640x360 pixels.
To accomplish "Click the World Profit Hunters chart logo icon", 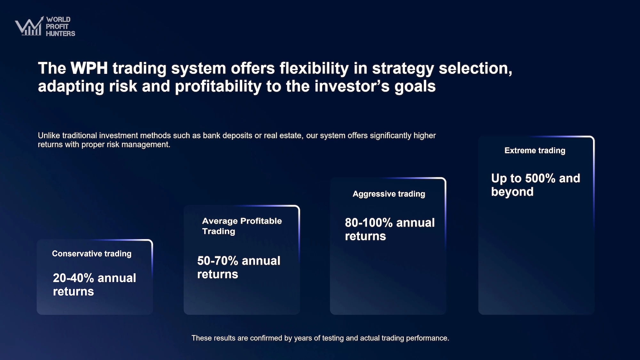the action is click(29, 26).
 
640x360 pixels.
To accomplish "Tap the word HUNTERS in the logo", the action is click(60, 34).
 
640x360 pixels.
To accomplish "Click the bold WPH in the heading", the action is click(89, 68).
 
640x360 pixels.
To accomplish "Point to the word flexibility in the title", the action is click(314, 68).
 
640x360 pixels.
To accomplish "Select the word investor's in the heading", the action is click(352, 86).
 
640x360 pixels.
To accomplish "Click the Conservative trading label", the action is click(92, 254).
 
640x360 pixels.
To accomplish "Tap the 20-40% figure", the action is click(73, 278).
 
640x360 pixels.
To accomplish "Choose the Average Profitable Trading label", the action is click(242, 226).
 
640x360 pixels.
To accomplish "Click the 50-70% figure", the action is click(218, 260).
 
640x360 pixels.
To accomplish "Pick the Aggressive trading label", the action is click(389, 194).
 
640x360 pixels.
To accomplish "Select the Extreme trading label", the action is click(535, 150).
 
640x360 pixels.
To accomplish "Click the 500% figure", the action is click(540, 178).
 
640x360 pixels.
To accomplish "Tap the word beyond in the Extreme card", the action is click(512, 192).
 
